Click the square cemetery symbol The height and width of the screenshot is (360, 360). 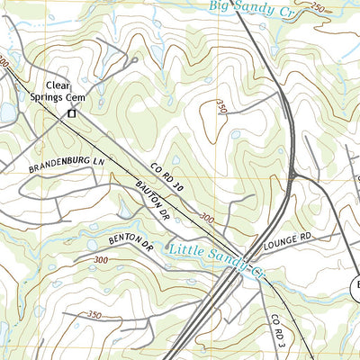tap(72, 114)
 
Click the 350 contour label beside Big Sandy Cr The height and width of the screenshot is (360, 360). tap(317, 7)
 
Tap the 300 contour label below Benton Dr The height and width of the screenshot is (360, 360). tap(98, 260)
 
